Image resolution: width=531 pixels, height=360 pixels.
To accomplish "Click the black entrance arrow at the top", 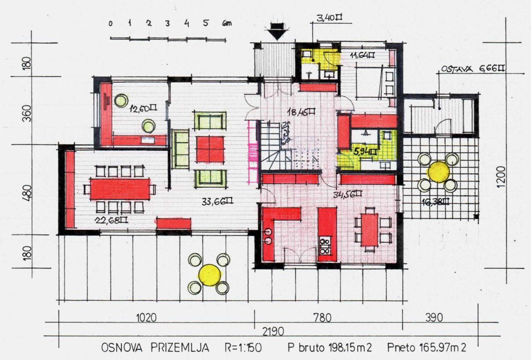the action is pos(277,31).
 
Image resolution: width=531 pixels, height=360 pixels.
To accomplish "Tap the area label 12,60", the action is pos(143,108).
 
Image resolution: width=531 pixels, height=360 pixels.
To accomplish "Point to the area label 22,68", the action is pos(112,220).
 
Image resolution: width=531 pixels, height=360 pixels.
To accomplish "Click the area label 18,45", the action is pos(301,112).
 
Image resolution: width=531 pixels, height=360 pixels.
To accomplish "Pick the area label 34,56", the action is pos(347,194).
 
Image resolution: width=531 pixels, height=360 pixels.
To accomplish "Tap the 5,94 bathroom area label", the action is pos(365,152).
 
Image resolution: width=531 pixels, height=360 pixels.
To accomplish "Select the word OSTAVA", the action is pos(457,69).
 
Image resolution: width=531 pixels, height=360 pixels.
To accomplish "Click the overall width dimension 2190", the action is pos(273,332).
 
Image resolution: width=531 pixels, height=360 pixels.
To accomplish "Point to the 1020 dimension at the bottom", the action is pos(146,318).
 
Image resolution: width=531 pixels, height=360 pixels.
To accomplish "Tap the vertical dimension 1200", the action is pos(500,177).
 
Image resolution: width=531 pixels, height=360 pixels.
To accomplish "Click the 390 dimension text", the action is pos(434,318).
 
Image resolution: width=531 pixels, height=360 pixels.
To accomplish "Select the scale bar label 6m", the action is pos(227,23).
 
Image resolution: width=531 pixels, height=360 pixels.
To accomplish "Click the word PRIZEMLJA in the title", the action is pos(180,348).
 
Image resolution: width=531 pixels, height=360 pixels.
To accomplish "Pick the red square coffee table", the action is pos(210,149).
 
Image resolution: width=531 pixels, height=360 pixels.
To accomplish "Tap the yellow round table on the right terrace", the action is pos(439,172).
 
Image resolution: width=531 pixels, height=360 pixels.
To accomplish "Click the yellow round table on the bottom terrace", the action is pos(210,275).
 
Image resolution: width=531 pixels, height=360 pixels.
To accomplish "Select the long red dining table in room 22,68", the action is pos(120,189).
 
